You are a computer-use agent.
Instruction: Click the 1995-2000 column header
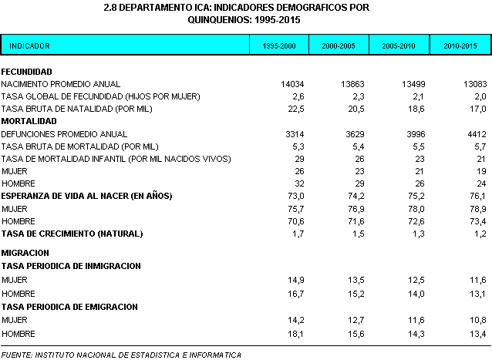tap(278, 46)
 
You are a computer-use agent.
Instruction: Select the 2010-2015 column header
tap(460, 46)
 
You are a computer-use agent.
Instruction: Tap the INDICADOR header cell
tap(30, 46)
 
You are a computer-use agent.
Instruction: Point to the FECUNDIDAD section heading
tap(27, 71)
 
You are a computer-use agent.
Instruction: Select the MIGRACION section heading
tap(25, 253)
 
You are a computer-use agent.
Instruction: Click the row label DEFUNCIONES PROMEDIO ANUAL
tap(64, 134)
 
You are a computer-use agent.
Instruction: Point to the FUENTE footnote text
tap(121, 355)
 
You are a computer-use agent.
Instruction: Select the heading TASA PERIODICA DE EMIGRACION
tap(69, 307)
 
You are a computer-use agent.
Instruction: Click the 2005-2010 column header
tap(399, 46)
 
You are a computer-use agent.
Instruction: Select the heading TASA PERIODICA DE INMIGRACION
tap(71, 266)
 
